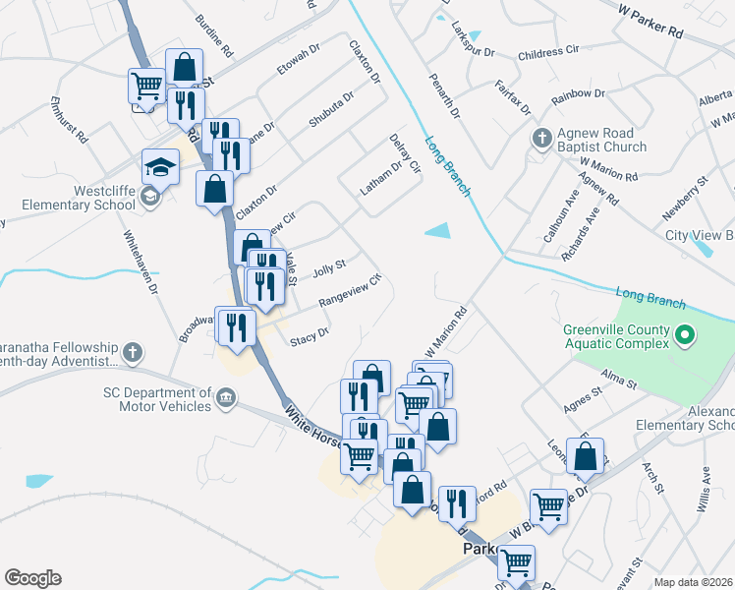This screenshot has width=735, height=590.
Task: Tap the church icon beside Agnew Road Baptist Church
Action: [541, 138]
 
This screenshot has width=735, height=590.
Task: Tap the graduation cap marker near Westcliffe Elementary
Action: [160, 167]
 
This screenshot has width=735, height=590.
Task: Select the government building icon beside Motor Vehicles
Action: [227, 398]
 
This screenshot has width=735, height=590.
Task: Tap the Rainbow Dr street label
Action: [578, 94]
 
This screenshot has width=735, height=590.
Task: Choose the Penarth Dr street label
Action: [441, 94]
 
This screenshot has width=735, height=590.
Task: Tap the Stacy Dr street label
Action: [309, 338]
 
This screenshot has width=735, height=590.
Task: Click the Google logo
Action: [32, 578]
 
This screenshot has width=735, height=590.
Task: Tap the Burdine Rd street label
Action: [213, 33]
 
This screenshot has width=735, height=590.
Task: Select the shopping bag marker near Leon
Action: [586, 456]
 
